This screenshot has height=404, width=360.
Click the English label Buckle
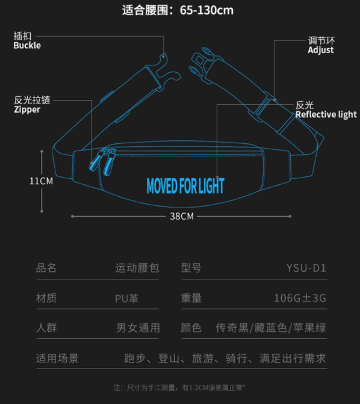[x=27, y=45]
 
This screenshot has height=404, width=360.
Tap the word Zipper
[x=27, y=110]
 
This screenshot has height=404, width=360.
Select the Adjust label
[x=321, y=50]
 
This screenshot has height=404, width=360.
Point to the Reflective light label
[x=326, y=114]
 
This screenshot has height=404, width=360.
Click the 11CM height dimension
[x=41, y=181]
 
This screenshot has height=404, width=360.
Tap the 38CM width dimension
[x=182, y=216]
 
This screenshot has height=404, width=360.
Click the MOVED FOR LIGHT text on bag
[x=185, y=186]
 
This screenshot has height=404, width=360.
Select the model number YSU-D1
[x=306, y=268]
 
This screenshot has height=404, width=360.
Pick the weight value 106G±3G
[x=300, y=298]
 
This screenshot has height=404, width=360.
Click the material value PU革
[x=126, y=299]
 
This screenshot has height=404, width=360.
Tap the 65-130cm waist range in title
[x=206, y=11]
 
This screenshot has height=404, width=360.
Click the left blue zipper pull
[x=95, y=161]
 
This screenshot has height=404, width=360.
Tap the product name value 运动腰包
[x=137, y=268]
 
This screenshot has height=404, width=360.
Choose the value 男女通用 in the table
[x=138, y=328]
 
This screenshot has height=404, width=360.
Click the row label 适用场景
[x=57, y=358]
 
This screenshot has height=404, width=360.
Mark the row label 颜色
[x=191, y=328]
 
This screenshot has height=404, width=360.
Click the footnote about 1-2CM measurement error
[x=179, y=388]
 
